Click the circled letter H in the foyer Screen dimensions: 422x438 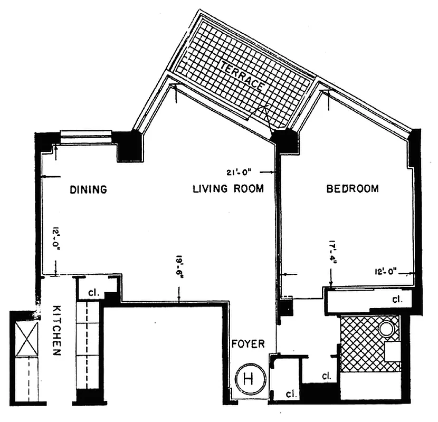(x=249, y=379)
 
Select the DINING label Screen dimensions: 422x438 (x=88, y=189)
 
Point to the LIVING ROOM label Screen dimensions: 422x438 (x=227, y=189)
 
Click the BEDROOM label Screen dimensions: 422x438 (x=352, y=189)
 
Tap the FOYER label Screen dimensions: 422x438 (x=248, y=344)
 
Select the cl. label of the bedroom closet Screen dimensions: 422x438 (x=397, y=300)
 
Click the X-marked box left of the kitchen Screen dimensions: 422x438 (x=26, y=338)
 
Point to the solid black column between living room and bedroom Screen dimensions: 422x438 (x=285, y=142)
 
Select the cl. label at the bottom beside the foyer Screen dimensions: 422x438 (x=291, y=394)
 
